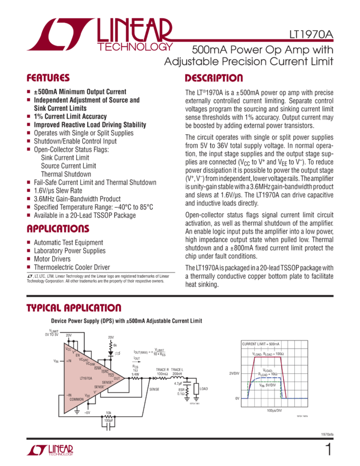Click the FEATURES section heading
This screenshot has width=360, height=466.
pos(48,78)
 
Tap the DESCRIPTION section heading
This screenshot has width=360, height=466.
pos(213,78)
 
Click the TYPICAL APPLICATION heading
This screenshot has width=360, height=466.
pos(74,308)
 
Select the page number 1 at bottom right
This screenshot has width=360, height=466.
pos(328,450)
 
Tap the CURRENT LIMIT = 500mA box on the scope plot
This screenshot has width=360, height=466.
pos(261,343)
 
